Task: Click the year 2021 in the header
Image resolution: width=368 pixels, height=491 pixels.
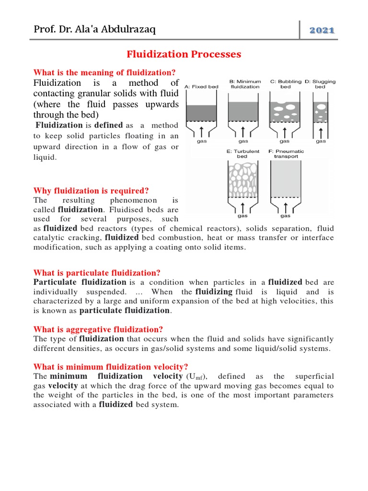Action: (322, 30)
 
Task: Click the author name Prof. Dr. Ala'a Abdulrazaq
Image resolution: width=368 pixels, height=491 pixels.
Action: (94, 30)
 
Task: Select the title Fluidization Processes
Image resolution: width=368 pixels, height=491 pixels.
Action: (184, 54)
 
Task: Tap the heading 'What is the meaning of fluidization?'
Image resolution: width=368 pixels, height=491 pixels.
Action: (104, 72)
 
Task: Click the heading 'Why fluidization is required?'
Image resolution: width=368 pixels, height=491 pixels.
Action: (91, 191)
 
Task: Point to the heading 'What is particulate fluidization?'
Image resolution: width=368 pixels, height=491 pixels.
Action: (97, 273)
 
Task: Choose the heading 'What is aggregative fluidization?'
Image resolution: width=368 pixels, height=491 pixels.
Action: (98, 329)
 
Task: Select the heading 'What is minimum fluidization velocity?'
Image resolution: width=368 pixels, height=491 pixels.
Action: (111, 367)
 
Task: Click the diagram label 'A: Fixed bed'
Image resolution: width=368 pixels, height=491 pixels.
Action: (201, 86)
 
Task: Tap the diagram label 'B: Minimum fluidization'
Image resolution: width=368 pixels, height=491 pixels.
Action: (245, 84)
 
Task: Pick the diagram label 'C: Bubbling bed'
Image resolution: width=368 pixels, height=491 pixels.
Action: (286, 84)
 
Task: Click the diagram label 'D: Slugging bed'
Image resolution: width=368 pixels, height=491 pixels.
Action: (320, 84)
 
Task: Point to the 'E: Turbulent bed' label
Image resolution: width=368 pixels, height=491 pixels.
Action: (242, 154)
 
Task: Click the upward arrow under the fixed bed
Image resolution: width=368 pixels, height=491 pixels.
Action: (201, 130)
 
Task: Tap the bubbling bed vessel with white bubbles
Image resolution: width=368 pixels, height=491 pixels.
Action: (286, 109)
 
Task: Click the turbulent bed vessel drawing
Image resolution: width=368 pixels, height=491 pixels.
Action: (242, 179)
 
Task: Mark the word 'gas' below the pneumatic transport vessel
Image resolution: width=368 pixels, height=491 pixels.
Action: (285, 216)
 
